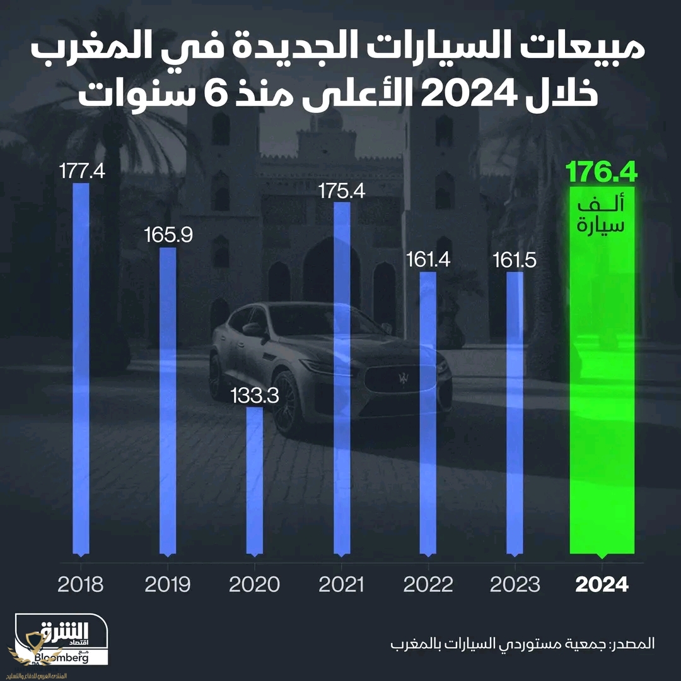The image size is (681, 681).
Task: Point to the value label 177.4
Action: (81, 172)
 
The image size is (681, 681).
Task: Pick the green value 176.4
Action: (602, 172)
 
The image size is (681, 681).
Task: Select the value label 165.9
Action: (168, 235)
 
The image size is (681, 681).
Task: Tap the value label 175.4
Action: (341, 191)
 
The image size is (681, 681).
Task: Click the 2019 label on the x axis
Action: (168, 584)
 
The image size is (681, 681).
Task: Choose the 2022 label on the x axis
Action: (428, 584)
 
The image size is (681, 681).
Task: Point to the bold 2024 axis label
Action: (602, 584)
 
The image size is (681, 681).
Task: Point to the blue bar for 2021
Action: (341, 379)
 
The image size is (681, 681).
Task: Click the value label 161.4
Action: (428, 259)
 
